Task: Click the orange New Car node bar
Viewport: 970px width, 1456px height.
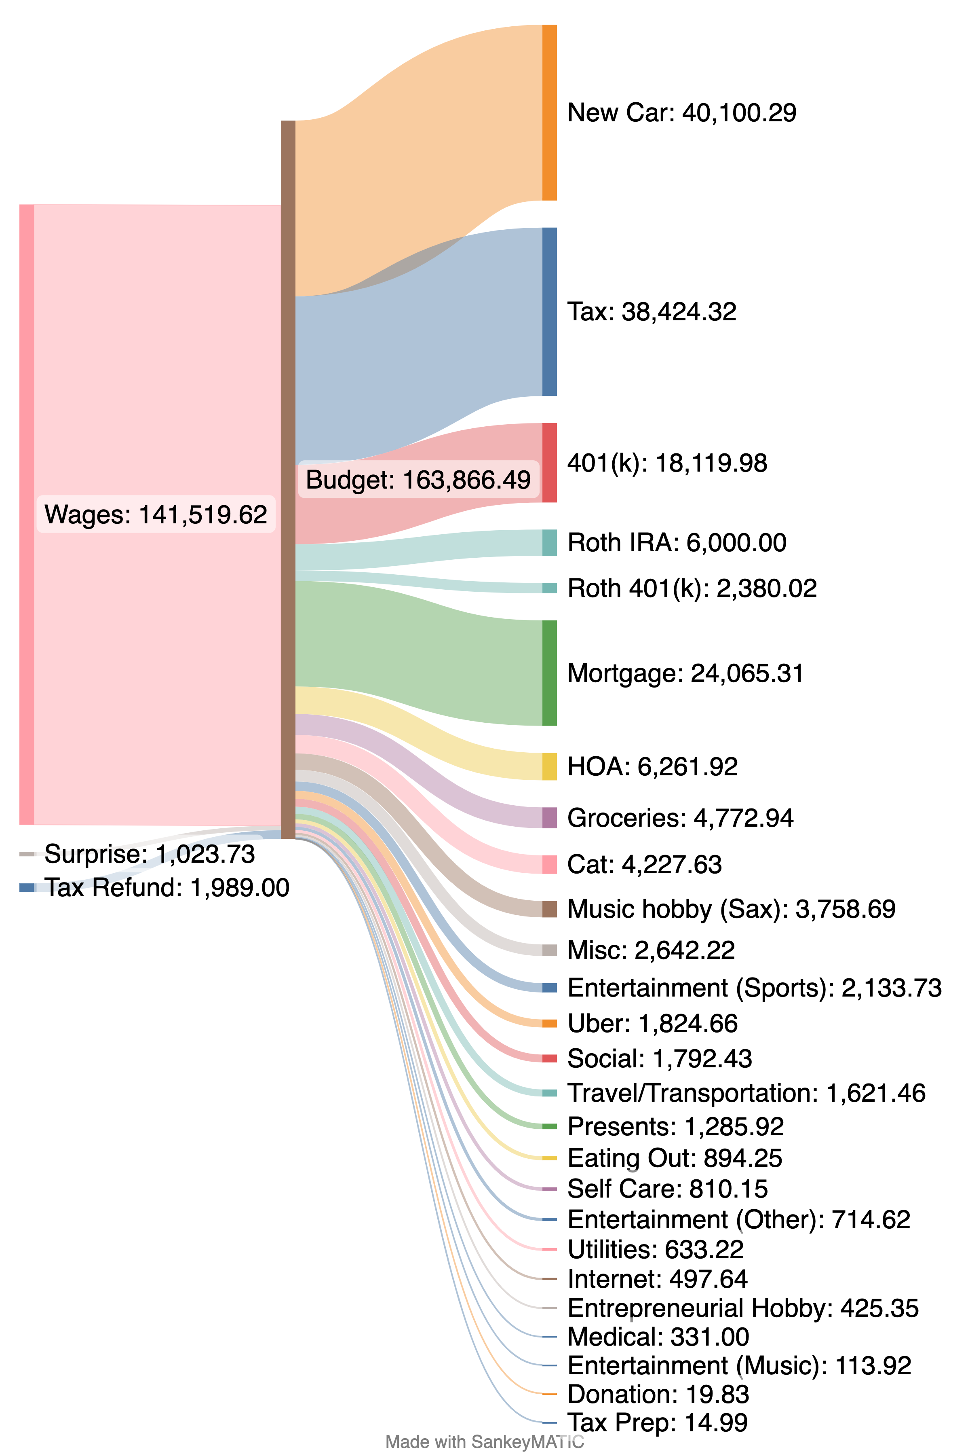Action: pos(549,113)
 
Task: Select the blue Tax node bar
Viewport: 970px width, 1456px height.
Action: pos(549,311)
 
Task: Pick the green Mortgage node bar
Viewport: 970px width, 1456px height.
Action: pos(549,673)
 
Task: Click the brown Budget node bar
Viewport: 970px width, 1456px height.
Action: pos(288,480)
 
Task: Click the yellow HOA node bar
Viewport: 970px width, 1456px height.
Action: pos(549,766)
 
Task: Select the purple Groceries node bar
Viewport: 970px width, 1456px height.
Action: pos(549,818)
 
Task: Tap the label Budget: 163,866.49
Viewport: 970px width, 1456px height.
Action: pos(418,480)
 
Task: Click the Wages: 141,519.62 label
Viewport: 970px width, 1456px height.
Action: pos(156,514)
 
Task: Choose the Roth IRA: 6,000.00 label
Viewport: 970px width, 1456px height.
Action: pos(677,543)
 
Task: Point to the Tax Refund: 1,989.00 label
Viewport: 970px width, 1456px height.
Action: pos(167,888)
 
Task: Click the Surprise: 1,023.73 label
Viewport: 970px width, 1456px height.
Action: pos(150,854)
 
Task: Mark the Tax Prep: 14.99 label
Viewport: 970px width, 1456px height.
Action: pos(657,1422)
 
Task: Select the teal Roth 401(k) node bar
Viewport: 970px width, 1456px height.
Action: pos(549,588)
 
